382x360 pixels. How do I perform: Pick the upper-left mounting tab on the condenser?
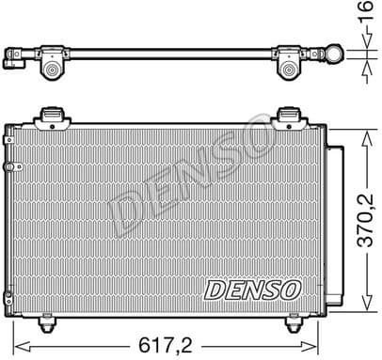(55, 117)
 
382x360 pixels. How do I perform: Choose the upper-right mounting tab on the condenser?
(290, 117)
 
